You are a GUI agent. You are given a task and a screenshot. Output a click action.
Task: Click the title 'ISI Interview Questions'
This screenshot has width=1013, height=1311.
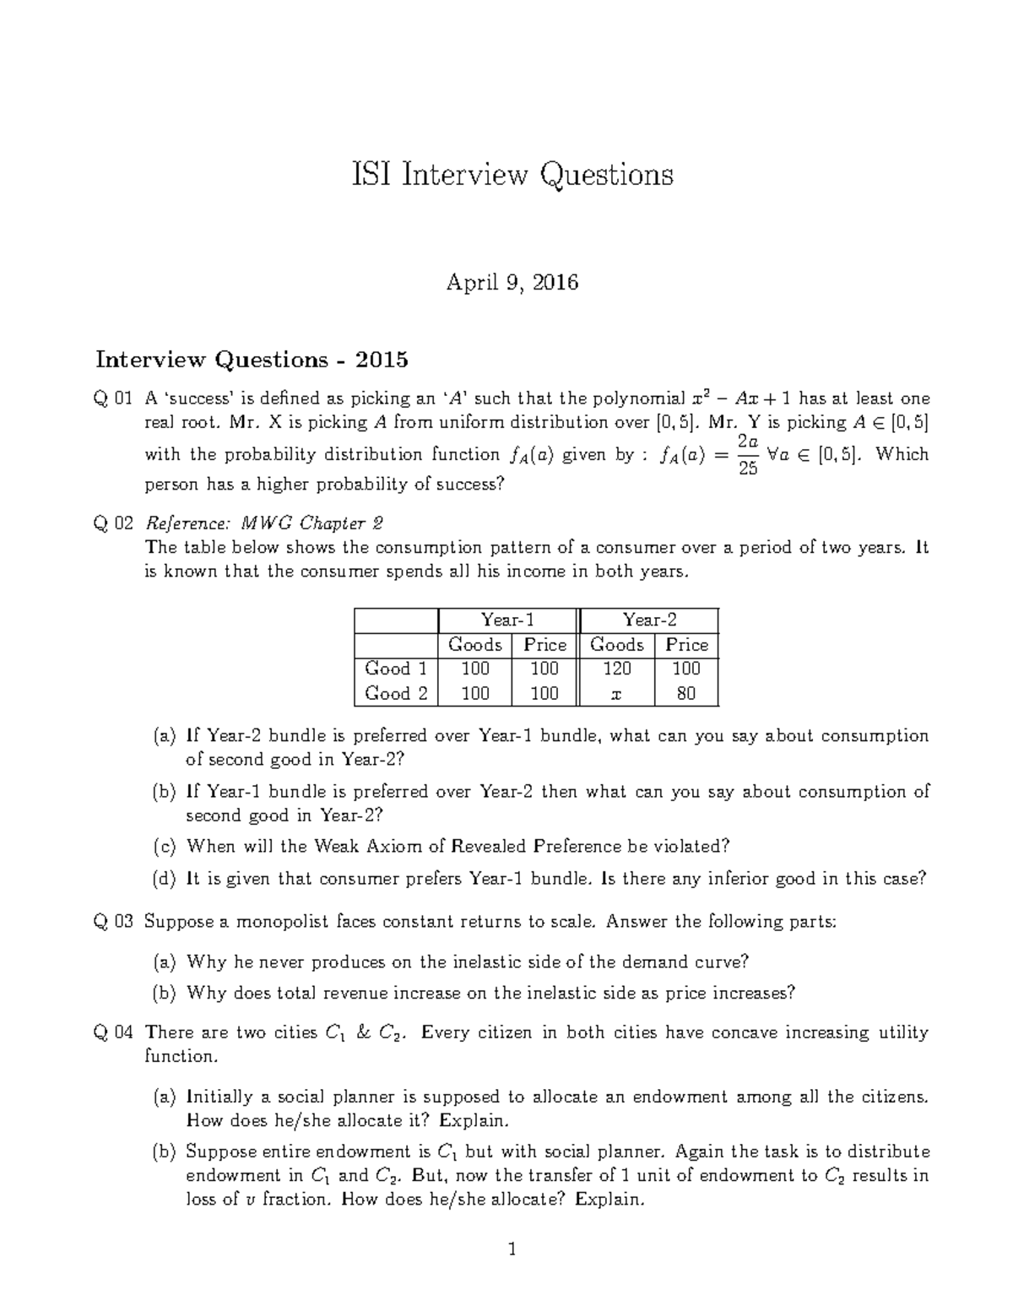(x=512, y=175)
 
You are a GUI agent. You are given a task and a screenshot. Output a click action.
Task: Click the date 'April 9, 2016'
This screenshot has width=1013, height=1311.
(x=512, y=282)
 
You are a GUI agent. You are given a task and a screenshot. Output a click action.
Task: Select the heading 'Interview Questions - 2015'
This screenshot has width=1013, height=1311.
(x=252, y=360)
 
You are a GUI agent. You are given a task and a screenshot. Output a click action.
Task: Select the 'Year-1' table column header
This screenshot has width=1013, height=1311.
(x=506, y=620)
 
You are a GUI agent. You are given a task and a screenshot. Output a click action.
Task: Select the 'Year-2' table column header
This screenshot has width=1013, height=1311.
(x=648, y=620)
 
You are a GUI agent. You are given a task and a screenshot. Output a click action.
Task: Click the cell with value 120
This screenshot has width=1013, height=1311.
(x=616, y=669)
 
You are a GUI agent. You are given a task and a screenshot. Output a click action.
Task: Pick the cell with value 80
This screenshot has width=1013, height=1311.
(x=685, y=694)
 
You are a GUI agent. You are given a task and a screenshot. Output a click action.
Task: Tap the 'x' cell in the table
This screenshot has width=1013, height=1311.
(x=616, y=694)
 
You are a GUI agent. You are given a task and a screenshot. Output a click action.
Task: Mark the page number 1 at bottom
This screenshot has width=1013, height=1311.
(x=512, y=1249)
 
